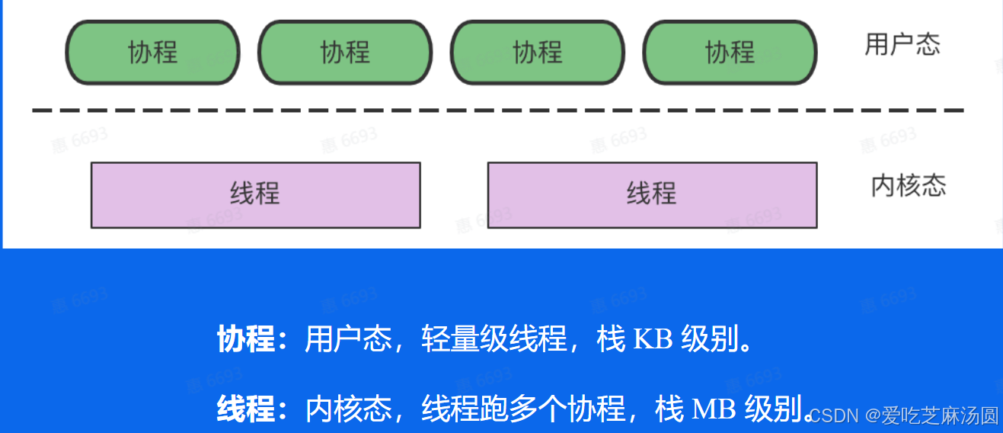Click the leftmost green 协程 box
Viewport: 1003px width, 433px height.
point(152,53)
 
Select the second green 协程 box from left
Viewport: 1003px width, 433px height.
point(345,53)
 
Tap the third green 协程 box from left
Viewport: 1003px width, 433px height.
point(538,53)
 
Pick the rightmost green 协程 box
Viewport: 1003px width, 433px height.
point(730,53)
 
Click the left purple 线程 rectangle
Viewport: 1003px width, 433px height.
point(255,194)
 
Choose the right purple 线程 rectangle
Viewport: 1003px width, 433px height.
point(652,194)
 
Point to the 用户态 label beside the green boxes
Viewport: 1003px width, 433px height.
point(902,44)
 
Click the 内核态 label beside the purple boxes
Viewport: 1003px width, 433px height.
point(909,186)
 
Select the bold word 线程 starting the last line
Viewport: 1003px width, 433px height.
point(245,410)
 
